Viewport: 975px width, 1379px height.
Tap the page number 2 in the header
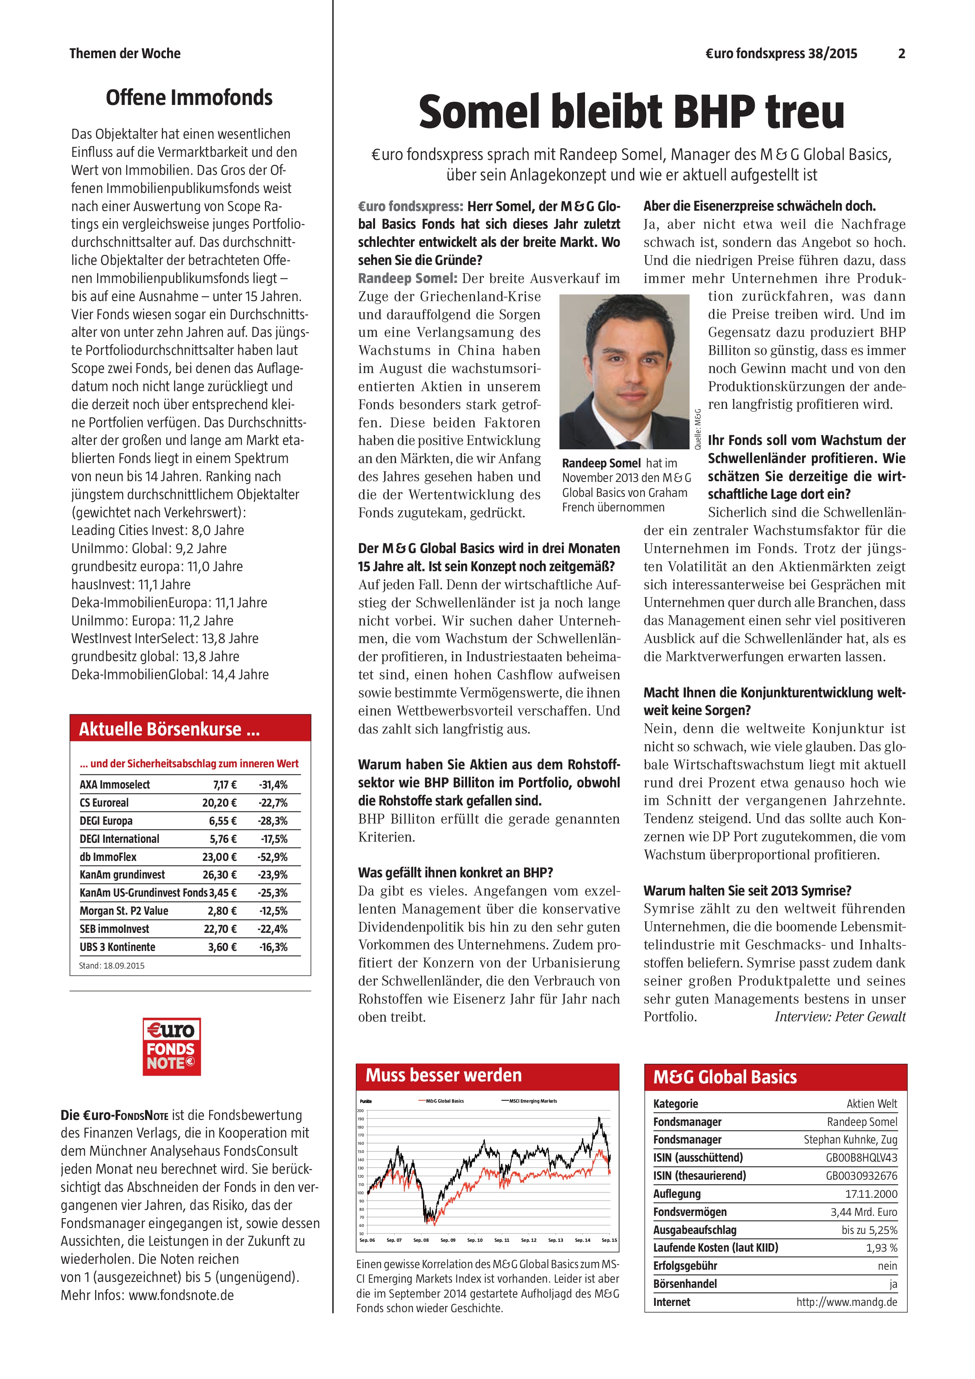901,53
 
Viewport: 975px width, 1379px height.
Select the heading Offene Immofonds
189,97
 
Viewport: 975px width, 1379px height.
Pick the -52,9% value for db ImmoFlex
273,857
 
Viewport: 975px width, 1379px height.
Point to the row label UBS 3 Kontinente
117,947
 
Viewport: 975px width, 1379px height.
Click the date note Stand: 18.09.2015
112,966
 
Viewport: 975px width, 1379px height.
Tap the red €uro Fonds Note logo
171,1046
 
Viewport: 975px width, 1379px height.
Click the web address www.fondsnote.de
181,1295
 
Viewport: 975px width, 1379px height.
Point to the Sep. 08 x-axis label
421,1240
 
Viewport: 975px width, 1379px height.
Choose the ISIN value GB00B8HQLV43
861,1157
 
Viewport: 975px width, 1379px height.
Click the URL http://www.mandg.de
846,1302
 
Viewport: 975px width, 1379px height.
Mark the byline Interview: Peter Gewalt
839,1016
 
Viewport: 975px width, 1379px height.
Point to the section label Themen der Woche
125,53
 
